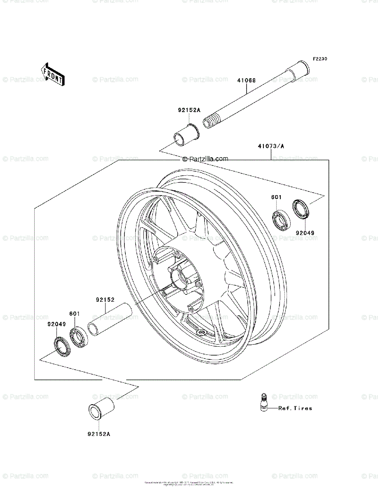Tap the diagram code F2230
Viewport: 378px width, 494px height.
tap(319, 59)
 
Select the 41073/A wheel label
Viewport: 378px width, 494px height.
tap(271, 146)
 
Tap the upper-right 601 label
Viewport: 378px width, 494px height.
tap(276, 197)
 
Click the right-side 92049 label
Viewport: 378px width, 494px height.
tap(305, 233)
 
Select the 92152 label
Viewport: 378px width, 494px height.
tap(105, 300)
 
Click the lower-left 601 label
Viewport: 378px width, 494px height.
tap(74, 314)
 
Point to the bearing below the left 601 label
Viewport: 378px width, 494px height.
tap(78, 336)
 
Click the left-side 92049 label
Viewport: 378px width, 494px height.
tap(56, 324)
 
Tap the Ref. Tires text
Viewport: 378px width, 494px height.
tap(295, 408)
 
